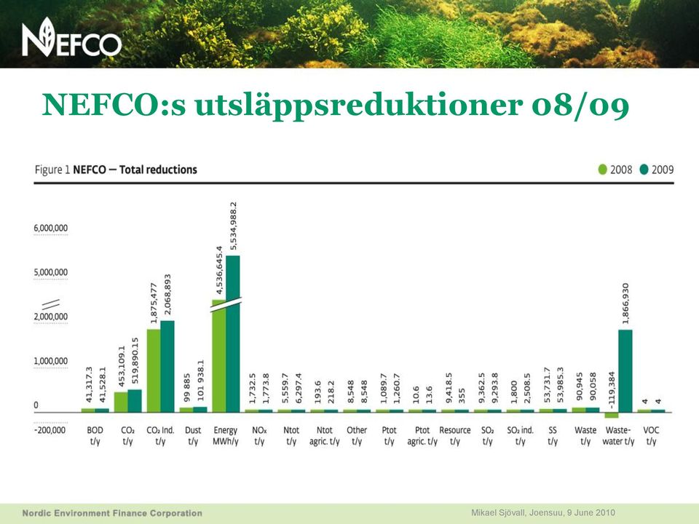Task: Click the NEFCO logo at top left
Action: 72,37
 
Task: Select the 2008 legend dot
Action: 602,170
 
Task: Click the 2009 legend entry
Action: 657,170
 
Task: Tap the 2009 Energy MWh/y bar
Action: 233,334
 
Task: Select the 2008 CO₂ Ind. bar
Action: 154,370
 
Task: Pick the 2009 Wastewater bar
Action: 625,370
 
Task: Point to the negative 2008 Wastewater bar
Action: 612,415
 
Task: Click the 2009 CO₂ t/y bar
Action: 135,401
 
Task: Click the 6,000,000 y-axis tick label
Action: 51,228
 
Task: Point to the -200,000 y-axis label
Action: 50,430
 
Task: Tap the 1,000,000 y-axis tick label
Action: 51,361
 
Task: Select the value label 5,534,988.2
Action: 233,226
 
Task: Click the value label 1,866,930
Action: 625,303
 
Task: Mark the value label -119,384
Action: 612,390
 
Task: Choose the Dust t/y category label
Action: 193,436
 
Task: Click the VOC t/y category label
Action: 651,436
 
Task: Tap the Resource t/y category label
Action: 454,436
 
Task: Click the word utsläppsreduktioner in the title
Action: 358,105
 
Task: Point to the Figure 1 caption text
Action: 116,170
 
